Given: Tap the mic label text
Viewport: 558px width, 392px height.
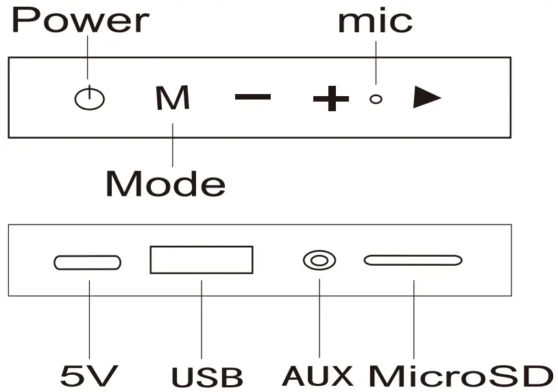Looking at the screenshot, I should click(375, 21).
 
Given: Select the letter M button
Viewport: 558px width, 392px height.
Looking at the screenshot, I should click(172, 99).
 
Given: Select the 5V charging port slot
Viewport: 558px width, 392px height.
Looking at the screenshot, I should click(88, 262).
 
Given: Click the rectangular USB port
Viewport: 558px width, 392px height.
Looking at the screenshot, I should click(202, 260).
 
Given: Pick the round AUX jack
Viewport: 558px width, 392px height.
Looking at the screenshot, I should click(319, 261).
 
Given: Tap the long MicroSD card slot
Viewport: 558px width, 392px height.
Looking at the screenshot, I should click(413, 260).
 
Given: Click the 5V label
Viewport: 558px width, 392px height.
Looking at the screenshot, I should click(89, 376).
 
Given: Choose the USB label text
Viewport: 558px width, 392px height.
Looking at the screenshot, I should click(207, 377).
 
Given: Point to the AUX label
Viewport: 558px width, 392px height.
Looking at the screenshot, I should click(318, 376).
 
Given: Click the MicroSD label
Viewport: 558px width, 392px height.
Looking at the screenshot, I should click(461, 376).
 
